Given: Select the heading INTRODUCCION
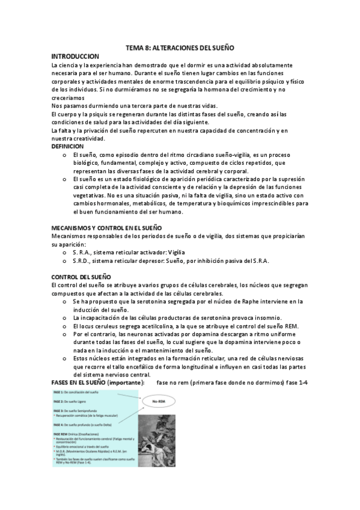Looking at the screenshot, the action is pos(75,55).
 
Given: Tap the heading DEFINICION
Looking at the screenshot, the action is pos(68,146).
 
